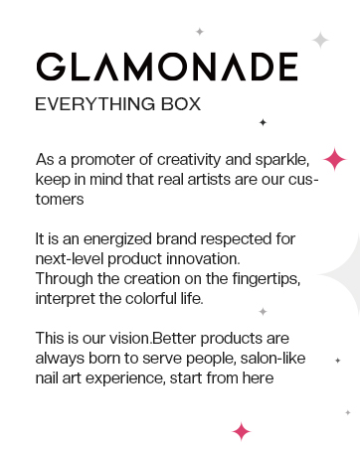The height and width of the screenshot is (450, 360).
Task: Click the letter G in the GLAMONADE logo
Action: tap(51, 67)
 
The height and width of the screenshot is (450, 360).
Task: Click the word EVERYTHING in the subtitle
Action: tap(95, 104)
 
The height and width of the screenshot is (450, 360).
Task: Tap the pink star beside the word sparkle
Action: tap(334, 159)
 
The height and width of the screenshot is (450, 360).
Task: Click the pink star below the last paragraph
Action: tap(242, 431)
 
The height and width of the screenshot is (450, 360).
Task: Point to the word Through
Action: tap(65, 279)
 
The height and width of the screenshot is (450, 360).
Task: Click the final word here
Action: tap(258, 378)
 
